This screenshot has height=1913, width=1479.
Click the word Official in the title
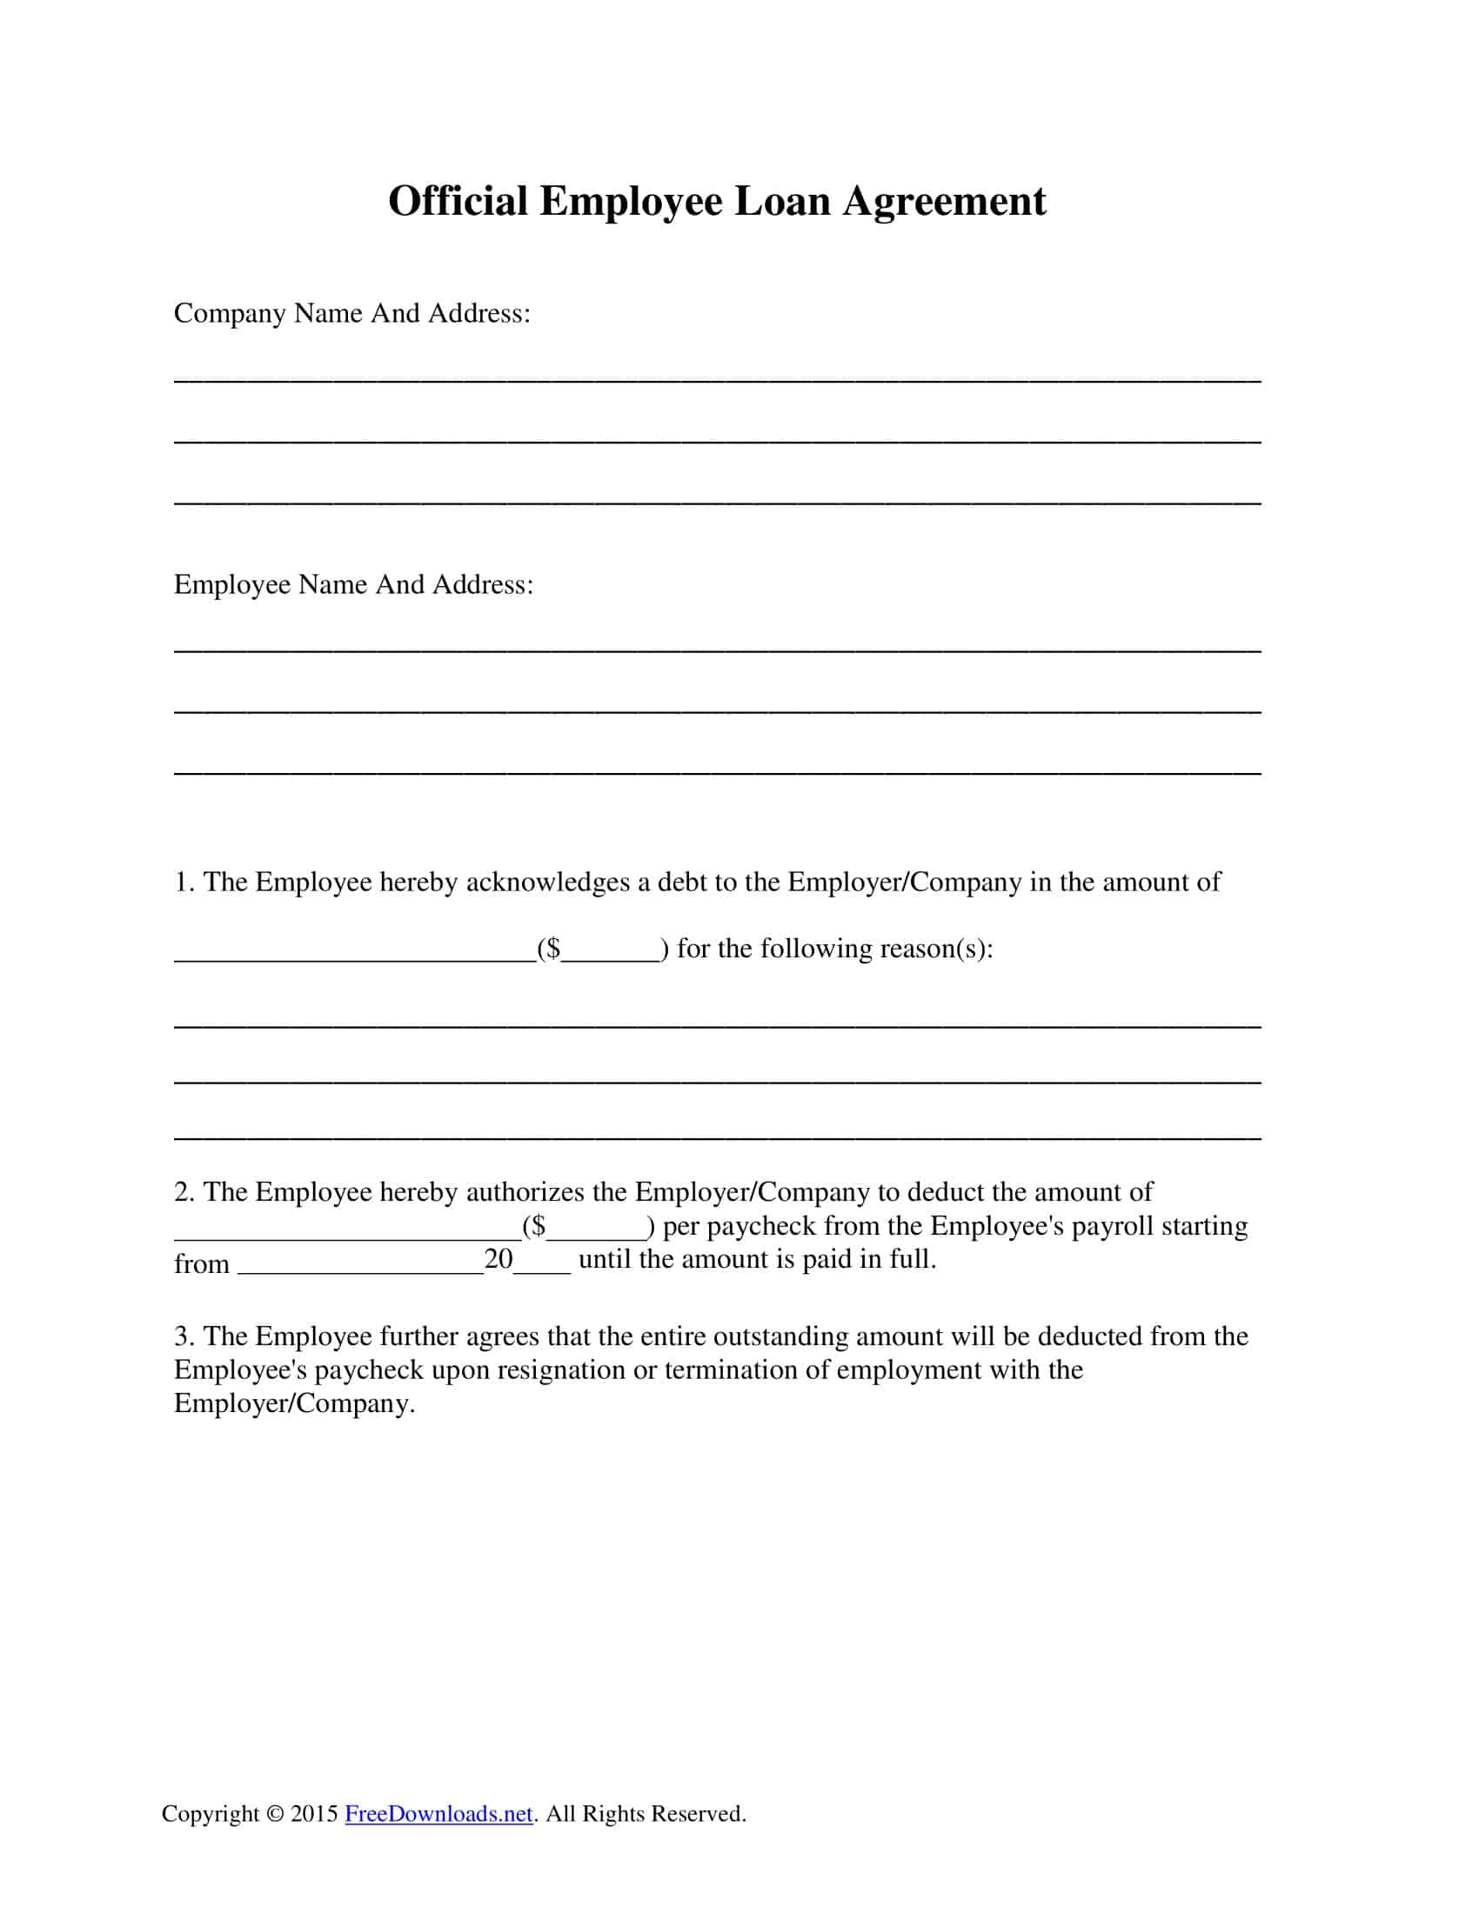pyautogui.click(x=458, y=202)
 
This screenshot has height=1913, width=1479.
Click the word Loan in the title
pyautogui.click(x=781, y=202)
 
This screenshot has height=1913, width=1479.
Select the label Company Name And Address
pyautogui.click(x=351, y=314)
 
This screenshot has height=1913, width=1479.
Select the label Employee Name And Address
pyautogui.click(x=353, y=584)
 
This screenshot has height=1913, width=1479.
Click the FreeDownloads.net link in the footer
pyautogui.click(x=438, y=1813)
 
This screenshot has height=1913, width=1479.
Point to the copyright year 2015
pyautogui.click(x=315, y=1813)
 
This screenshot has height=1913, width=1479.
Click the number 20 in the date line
pyautogui.click(x=498, y=1260)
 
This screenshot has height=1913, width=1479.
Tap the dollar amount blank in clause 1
pyautogui.click(x=611, y=950)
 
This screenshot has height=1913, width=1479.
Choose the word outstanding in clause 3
pyautogui.click(x=780, y=1336)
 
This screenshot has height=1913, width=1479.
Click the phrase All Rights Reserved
pyautogui.click(x=646, y=1813)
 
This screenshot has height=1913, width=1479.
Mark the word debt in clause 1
pyautogui.click(x=683, y=882)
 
